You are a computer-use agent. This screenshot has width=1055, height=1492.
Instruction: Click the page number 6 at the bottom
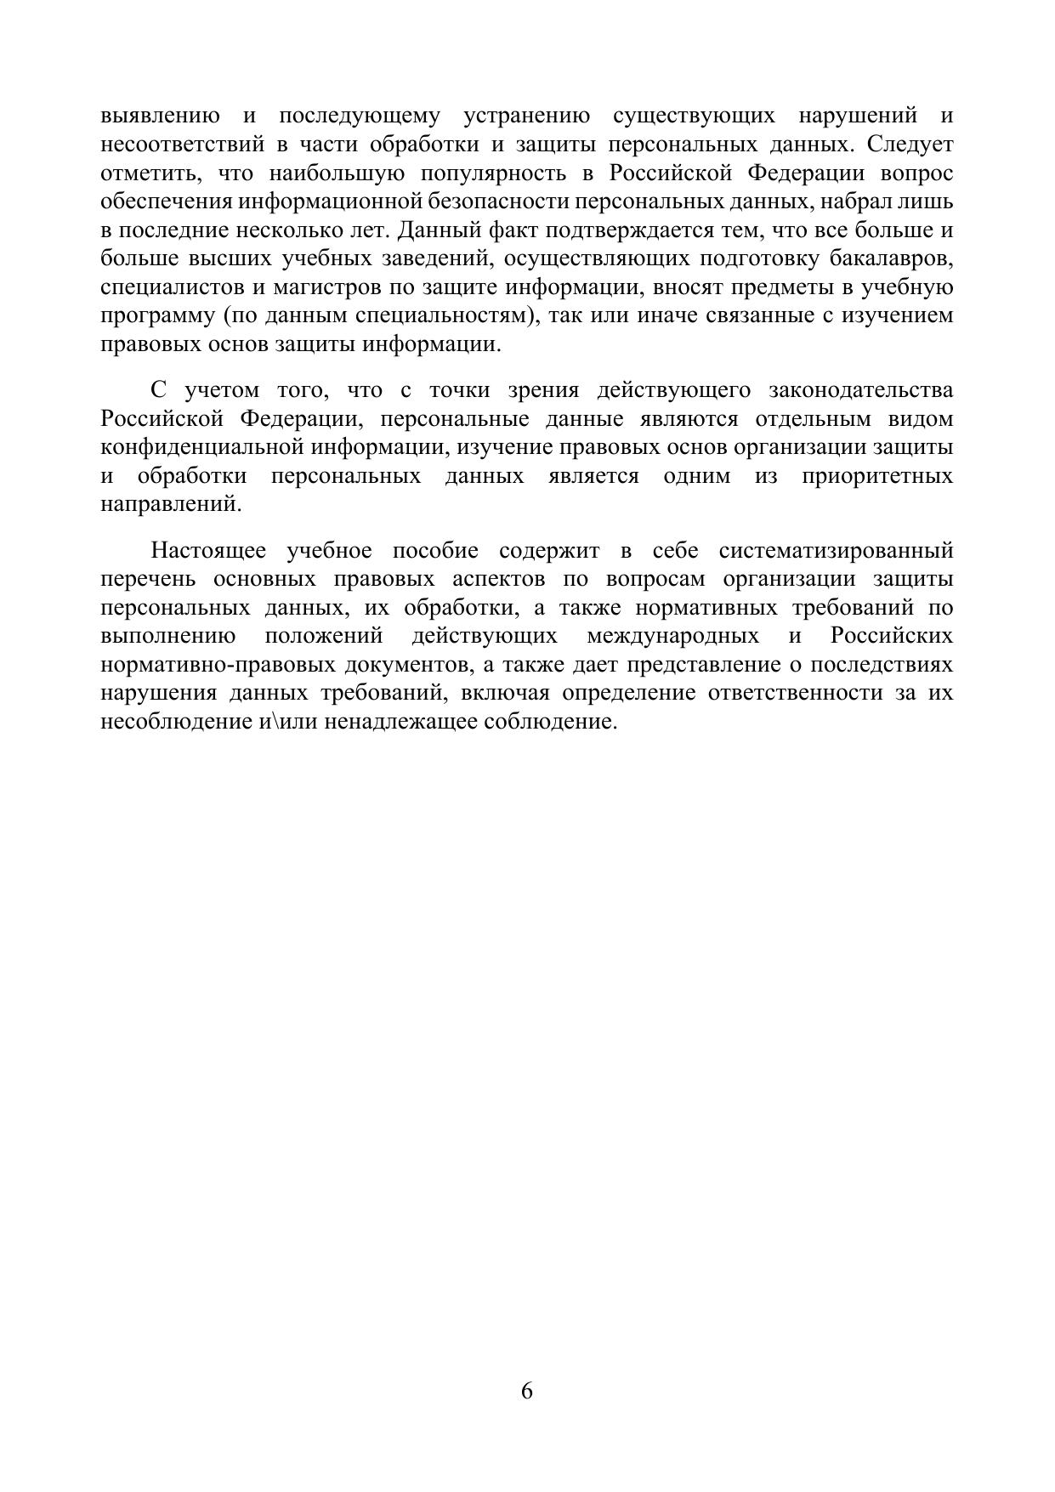(527, 1391)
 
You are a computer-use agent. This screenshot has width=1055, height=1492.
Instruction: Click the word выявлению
(160, 116)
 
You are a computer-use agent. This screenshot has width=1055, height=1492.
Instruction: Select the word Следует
(910, 145)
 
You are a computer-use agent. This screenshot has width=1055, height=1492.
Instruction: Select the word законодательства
(860, 390)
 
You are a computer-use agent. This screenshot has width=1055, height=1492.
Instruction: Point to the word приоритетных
(876, 476)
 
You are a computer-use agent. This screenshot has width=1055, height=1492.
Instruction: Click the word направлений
(170, 504)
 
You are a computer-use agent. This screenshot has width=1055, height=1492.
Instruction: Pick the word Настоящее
(207, 551)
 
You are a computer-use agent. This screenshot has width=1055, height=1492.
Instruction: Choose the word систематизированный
(836, 551)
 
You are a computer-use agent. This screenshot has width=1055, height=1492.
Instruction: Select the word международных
(672, 637)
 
